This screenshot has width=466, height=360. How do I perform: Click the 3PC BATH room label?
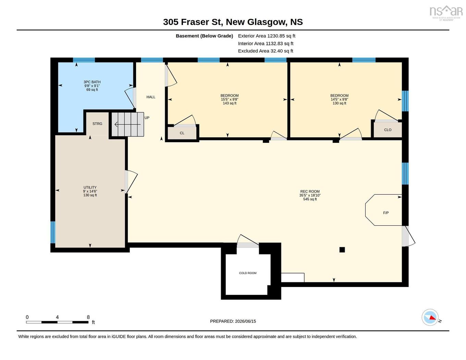tap(92, 82)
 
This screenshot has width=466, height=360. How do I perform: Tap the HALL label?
tap(151, 97)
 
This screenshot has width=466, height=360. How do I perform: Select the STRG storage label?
tap(97, 124)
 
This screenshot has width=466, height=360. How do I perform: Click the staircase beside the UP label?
tap(127, 124)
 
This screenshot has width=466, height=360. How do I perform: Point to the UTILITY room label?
tap(90, 187)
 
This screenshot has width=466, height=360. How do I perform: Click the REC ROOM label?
tap(310, 191)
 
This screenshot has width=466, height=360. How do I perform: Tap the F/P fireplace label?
tap(386, 213)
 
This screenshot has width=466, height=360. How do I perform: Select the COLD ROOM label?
tap(248, 273)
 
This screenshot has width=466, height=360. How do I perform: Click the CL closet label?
tap(182, 133)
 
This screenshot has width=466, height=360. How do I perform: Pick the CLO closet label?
tap(388, 130)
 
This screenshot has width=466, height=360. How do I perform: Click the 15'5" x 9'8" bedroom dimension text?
tap(230, 99)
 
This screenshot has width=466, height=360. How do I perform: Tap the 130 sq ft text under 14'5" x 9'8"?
tap(339, 103)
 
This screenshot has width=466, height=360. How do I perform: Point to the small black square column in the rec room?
tap(342, 250)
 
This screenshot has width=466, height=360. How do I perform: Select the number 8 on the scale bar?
tap(88, 317)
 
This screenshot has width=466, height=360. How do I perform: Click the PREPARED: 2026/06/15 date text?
tap(233, 321)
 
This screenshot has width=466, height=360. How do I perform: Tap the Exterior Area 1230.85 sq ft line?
tap(267, 36)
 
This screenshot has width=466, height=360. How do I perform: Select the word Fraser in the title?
tap(195, 22)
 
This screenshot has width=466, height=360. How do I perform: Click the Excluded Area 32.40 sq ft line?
tap(266, 51)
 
